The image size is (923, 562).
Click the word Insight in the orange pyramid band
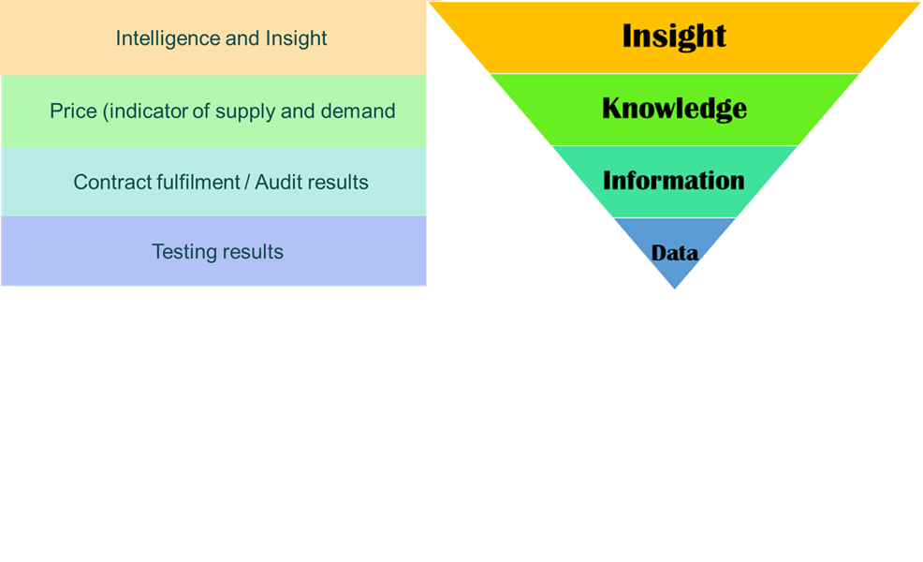pos(674,36)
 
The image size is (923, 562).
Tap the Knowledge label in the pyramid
pos(674,109)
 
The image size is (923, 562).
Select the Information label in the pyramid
pos(674,180)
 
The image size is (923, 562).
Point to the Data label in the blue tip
pos(675,253)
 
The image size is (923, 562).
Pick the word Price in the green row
pos(73,111)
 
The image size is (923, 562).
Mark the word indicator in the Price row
pos(149,111)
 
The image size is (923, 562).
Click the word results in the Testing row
pos(252,252)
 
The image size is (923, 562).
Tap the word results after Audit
pos(339,182)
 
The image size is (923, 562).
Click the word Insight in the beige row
pos(297,38)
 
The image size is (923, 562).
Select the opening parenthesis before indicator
pos(106,112)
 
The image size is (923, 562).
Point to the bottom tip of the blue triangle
pos(675,288)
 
